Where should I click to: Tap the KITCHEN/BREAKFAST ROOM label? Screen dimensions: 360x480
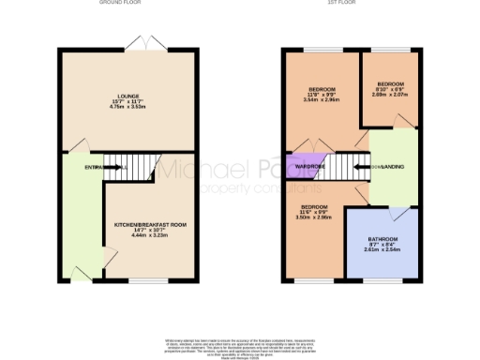(151, 225)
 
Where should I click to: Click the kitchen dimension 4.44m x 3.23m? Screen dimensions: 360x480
(151, 236)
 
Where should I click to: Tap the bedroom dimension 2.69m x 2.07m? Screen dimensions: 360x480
(391, 95)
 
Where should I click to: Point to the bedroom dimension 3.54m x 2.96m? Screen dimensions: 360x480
(322, 100)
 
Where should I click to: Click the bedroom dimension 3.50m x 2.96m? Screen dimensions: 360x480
(315, 217)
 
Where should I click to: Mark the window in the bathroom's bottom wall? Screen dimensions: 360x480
(382, 279)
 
